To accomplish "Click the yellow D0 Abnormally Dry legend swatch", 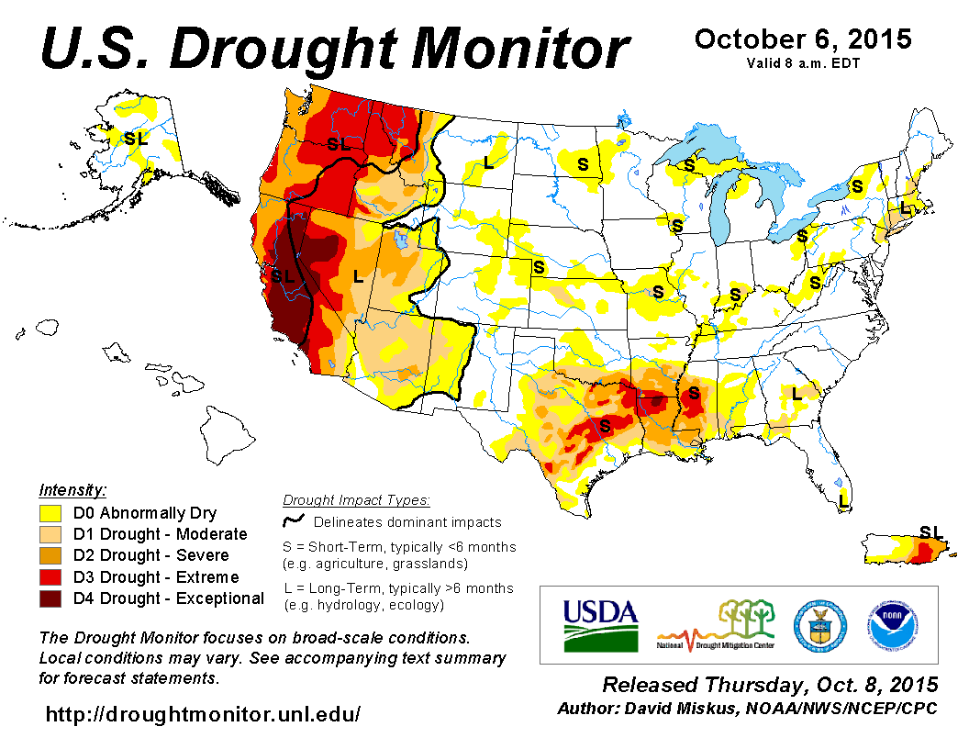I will (x=50, y=513).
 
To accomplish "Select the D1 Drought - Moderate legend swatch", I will (x=50, y=534).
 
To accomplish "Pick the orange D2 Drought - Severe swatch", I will (x=50, y=555).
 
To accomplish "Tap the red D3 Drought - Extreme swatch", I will (x=50, y=576).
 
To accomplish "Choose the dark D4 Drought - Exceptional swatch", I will (x=50, y=598).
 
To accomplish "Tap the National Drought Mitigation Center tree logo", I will (x=717, y=624).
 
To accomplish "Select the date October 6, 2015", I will (x=803, y=39).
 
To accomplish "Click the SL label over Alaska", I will (x=135, y=139).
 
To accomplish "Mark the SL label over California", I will (x=282, y=275).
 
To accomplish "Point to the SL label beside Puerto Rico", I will (x=930, y=531).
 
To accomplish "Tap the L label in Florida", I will (x=843, y=500).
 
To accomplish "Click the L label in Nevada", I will (x=358, y=275).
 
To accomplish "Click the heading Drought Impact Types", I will (x=356, y=500).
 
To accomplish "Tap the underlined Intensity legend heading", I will (x=72, y=489).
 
